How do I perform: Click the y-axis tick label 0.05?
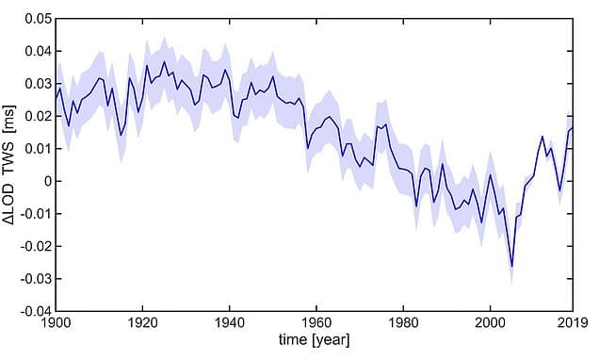pyautogui.click(x=37, y=19)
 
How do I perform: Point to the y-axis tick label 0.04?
pyautogui.click(x=37, y=51)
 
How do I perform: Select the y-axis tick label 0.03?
pyautogui.click(x=37, y=84)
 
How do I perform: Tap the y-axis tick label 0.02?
pyautogui.click(x=37, y=116)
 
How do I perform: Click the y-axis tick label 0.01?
pyautogui.click(x=37, y=149)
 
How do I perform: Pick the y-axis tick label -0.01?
pyautogui.click(x=35, y=214)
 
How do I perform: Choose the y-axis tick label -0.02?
pyautogui.click(x=35, y=246)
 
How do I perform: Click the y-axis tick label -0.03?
pyautogui.click(x=35, y=279)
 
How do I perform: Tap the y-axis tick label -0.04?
pyautogui.click(x=35, y=311)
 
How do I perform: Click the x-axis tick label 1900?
pyautogui.click(x=56, y=323)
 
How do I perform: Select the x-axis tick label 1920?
pyautogui.click(x=142, y=323)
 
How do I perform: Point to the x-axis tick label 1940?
pyautogui.click(x=229, y=323)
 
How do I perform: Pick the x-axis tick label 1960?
pyautogui.click(x=316, y=323)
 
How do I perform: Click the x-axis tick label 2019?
pyautogui.click(x=571, y=323)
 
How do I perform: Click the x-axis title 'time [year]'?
pyautogui.click(x=314, y=341)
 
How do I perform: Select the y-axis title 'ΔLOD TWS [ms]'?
pyautogui.click(x=12, y=165)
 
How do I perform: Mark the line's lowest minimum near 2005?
pyautogui.click(x=511, y=267)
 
